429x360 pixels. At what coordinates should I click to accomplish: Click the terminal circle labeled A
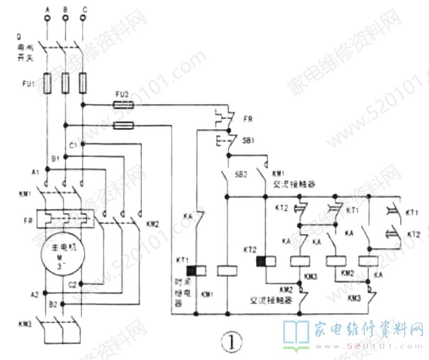tap(47, 18)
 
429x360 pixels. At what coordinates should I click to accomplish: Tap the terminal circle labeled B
tap(65, 18)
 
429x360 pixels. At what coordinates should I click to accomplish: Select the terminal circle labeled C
tap(83, 18)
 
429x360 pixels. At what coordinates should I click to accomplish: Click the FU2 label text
tap(122, 94)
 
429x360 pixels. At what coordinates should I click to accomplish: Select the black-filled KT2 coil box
tap(261, 261)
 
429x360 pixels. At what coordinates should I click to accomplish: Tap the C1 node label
tap(73, 144)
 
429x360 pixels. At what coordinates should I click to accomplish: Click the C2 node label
tap(73, 284)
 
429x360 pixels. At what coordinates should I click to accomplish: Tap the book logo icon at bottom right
tap(297, 334)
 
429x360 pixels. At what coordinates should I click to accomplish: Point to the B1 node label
tap(55, 157)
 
